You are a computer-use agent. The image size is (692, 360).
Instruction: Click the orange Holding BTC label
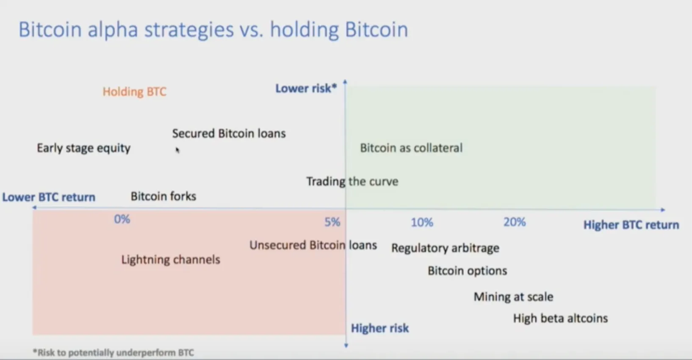134,91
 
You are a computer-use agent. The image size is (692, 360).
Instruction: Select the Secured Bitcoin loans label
229,133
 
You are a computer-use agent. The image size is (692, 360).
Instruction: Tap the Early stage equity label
84,148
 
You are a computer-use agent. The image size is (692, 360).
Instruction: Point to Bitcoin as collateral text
411,148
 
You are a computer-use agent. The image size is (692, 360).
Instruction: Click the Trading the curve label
352,181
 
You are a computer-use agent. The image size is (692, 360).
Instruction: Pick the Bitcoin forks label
163,196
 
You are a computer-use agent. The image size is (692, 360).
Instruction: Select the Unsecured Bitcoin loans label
313,245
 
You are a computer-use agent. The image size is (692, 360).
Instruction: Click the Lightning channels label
171,260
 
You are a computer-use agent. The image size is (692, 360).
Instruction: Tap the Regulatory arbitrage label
445,248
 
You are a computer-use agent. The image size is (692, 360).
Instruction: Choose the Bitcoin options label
467,271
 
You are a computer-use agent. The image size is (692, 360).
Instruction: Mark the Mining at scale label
513,297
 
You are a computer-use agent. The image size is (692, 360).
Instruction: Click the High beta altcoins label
560,318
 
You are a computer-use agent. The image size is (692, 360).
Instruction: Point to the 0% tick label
122,219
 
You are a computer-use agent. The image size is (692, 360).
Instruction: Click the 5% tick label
332,222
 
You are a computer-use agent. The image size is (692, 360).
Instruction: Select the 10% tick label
422,222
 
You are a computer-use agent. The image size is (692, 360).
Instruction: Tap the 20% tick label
515,222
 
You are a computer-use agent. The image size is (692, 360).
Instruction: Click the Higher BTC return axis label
631,225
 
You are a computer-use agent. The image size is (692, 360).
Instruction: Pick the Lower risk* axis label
306,89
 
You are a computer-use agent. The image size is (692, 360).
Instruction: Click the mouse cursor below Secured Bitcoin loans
177,150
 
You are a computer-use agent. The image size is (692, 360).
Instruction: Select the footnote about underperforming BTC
113,352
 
